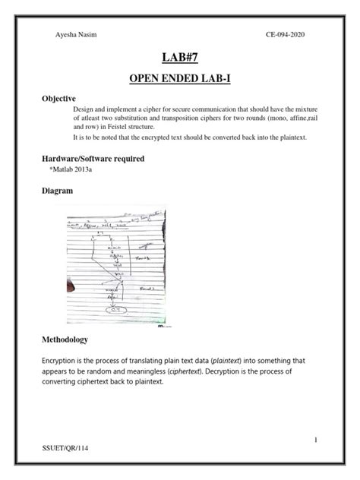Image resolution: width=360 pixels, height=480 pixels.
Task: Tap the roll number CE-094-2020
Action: coord(285,34)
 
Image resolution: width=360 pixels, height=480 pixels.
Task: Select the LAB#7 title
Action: coord(179,58)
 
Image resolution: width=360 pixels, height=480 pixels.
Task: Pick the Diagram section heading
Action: coord(55,191)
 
